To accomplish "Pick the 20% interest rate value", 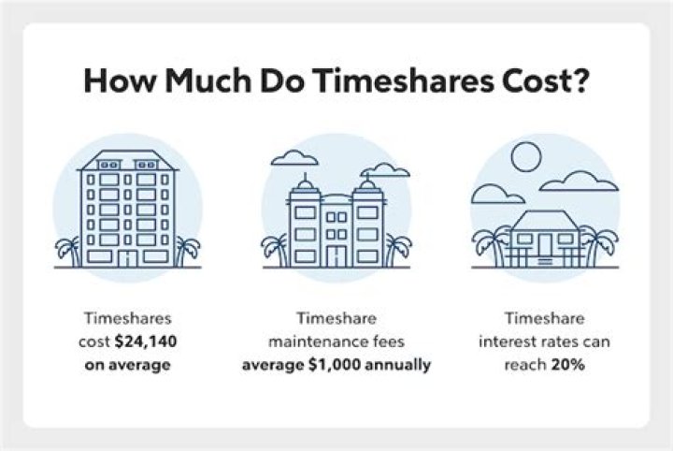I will point(568,364).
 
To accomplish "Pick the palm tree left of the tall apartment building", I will point(67,251).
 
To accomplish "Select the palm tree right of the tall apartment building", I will point(187,251).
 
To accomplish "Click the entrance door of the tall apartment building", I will point(128,256).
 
